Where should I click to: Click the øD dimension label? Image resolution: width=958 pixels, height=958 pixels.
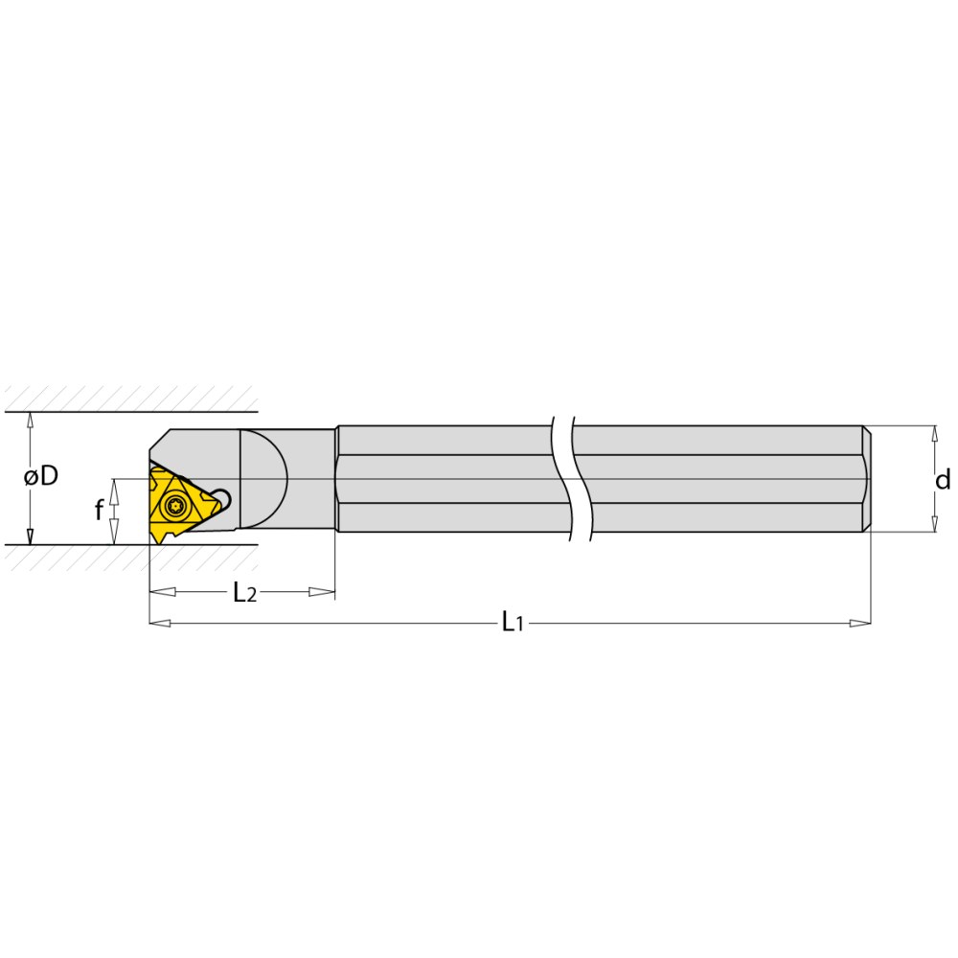tap(41, 476)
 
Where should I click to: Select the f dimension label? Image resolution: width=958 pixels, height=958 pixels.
tap(99, 511)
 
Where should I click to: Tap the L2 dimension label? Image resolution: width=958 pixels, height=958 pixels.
tap(245, 592)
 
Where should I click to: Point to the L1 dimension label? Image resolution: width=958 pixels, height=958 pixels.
tap(513, 623)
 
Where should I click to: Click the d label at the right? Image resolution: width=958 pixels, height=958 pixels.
tap(943, 480)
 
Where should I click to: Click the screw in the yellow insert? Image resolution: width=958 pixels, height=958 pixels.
tap(175, 506)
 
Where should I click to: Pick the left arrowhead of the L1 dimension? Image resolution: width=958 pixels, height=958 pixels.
tap(159, 623)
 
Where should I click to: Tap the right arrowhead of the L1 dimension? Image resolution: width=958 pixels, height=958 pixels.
tap(860, 623)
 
